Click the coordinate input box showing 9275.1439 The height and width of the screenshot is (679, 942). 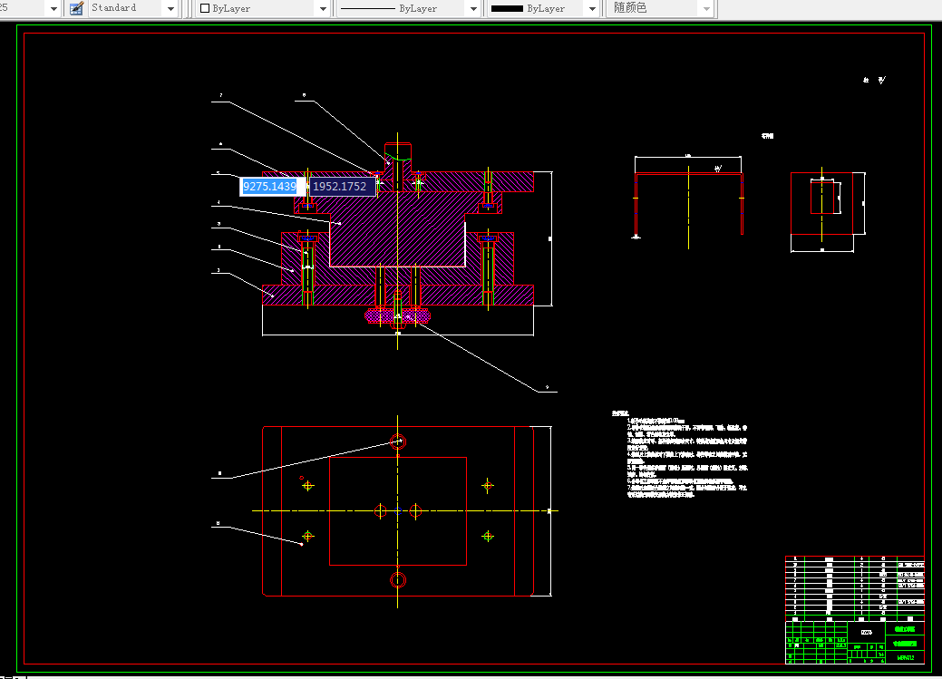coord(269,186)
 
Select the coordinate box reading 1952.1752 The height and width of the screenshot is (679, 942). coord(340,186)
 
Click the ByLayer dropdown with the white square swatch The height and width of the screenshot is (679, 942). coord(264,8)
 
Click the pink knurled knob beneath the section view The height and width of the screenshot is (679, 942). coord(397,315)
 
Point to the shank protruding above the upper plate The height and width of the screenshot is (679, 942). coord(397,154)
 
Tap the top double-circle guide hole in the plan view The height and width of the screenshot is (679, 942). coord(397,441)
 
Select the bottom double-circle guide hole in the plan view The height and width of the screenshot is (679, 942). coord(397,579)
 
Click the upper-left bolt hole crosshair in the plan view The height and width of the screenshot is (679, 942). coord(307,485)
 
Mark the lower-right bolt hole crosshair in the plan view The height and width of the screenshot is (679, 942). coord(488,536)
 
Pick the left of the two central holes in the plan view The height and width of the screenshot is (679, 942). coord(381,510)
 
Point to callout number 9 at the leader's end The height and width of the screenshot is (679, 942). coord(547,389)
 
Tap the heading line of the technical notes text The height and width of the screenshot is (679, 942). coord(620,413)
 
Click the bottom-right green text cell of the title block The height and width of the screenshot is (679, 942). coord(905,657)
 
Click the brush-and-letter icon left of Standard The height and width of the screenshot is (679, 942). coord(76,8)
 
